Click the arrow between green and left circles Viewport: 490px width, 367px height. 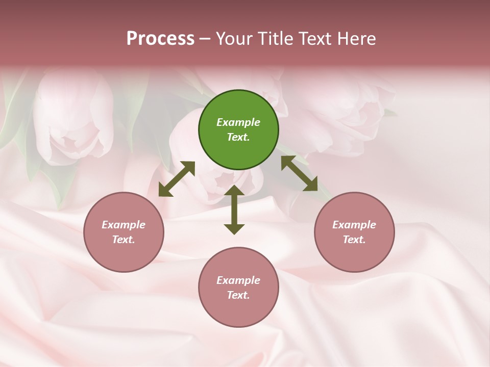coord(177,179)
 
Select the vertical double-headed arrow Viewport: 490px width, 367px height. coord(234,210)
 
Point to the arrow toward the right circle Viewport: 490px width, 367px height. coord(299,174)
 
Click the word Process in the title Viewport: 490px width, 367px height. coord(160,39)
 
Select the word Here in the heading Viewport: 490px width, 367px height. coord(356,39)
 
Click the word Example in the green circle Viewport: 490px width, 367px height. coord(238,122)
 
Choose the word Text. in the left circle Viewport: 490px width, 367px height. coord(124,240)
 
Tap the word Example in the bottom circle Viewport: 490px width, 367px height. coord(238,280)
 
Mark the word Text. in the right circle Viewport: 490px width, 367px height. coord(354,240)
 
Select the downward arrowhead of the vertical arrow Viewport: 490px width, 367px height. coord(234,228)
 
